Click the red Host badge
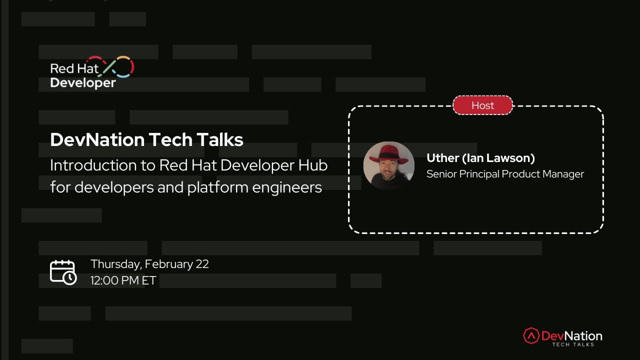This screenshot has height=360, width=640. pos(482,105)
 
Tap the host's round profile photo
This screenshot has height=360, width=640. pos(389,166)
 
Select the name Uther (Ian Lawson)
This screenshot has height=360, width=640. pos(480,158)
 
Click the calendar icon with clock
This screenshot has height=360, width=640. pos(63,272)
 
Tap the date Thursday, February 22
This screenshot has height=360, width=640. pos(149,264)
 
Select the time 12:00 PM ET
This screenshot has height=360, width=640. pos(123,280)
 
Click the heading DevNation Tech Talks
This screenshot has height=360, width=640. pos(146,139)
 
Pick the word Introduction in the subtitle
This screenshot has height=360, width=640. pos(86,165)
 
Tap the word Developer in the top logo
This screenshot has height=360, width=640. pos(83,82)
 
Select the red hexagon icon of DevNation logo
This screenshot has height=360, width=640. pos(531,335)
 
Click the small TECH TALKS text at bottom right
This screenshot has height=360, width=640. pos(573,344)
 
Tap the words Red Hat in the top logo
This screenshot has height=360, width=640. pos(74,68)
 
